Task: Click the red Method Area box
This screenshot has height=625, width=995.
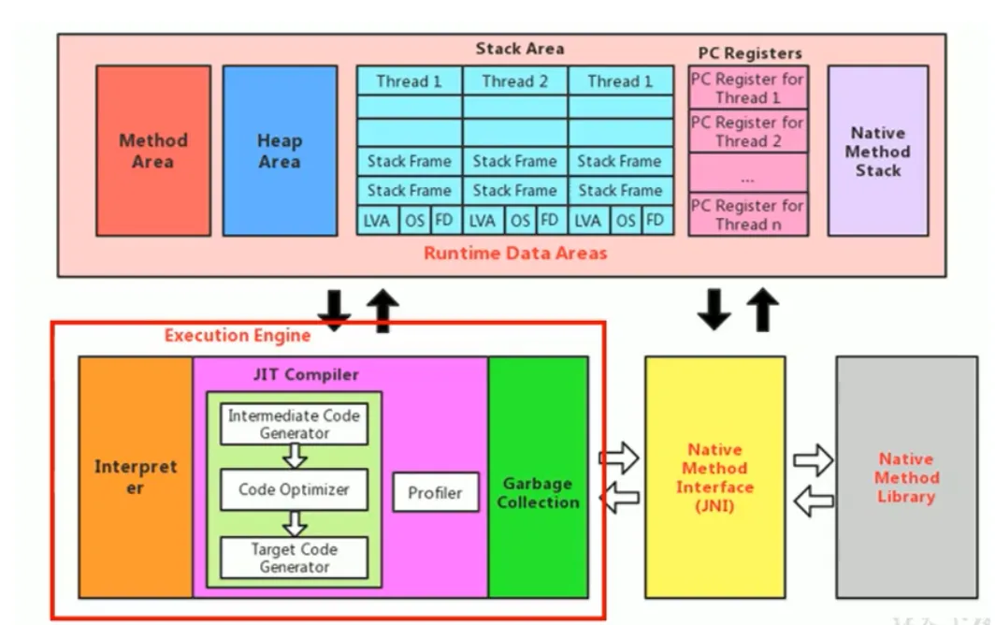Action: pyautogui.click(x=153, y=151)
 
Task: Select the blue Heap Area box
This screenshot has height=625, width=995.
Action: pyautogui.click(x=279, y=151)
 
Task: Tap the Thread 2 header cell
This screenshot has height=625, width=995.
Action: pyautogui.click(x=514, y=81)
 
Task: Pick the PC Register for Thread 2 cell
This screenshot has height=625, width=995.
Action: pyautogui.click(x=747, y=131)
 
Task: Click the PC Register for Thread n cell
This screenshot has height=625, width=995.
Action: pyautogui.click(x=747, y=214)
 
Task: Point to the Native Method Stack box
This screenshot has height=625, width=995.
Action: pyautogui.click(x=878, y=151)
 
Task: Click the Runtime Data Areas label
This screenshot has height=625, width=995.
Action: pyautogui.click(x=515, y=253)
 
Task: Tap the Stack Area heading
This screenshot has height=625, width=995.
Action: pyautogui.click(x=519, y=48)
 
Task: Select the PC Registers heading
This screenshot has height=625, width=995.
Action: pyautogui.click(x=750, y=53)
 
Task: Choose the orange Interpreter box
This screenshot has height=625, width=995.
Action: pyautogui.click(x=136, y=476)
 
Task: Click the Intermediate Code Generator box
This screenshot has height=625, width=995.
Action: pyautogui.click(x=294, y=424)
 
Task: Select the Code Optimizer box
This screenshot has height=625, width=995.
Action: pyautogui.click(x=294, y=489)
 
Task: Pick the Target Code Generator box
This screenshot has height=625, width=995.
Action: pyautogui.click(x=294, y=558)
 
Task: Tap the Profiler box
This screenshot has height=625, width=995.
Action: pyautogui.click(x=435, y=492)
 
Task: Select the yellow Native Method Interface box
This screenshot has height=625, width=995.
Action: pyautogui.click(x=714, y=476)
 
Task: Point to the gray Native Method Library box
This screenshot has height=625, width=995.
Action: pyautogui.click(x=905, y=476)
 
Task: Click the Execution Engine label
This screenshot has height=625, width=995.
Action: pyautogui.click(x=238, y=335)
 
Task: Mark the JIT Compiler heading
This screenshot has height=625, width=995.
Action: pyautogui.click(x=306, y=374)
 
